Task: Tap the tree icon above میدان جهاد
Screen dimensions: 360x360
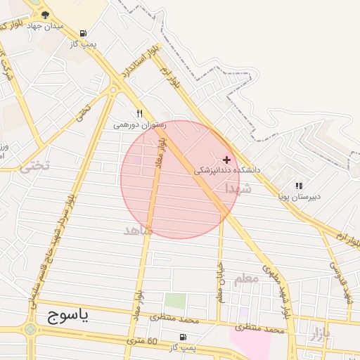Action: pos(46,14)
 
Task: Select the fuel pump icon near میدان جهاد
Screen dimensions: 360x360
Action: pos(84,33)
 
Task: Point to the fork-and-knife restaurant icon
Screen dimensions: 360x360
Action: pos(140,113)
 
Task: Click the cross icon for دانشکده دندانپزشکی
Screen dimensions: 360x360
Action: pos(226,160)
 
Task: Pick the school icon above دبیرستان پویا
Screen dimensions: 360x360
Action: pos(299,186)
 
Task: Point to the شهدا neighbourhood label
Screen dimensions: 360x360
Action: pos(238,188)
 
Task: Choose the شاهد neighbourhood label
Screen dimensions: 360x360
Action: pos(137,230)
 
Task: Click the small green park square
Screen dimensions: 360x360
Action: pos(175,301)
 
